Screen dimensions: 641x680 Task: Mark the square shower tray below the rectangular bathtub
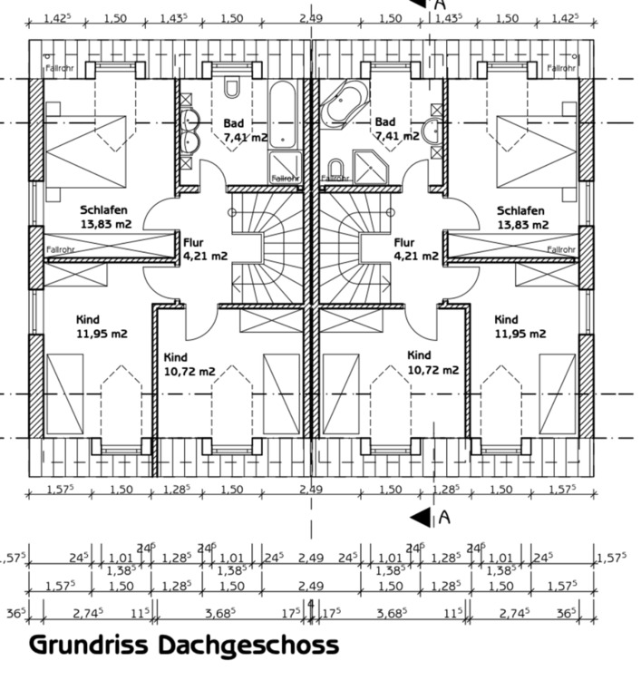(283, 166)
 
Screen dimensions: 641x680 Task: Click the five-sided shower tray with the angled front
(370, 167)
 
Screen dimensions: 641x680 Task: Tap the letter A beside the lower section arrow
(444, 517)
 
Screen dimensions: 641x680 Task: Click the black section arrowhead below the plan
(421, 518)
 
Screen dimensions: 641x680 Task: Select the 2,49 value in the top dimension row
(310, 17)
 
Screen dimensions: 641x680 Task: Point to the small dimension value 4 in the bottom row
(310, 602)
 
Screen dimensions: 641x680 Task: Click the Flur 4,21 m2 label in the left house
(205, 249)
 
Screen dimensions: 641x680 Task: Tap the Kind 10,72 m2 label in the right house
(432, 363)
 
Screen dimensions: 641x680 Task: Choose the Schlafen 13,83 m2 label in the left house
(105, 217)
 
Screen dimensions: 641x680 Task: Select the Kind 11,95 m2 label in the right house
(520, 326)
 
